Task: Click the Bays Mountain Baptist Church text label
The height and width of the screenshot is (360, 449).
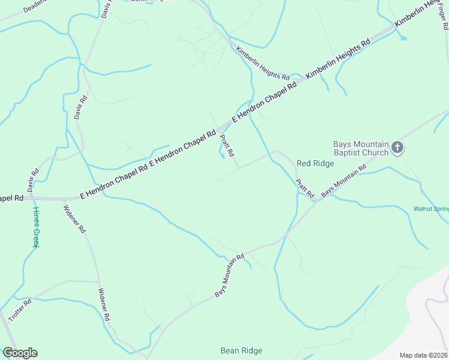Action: [361, 148]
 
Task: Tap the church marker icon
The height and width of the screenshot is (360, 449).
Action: [397, 147]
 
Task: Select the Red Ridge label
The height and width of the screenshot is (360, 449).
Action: [315, 163]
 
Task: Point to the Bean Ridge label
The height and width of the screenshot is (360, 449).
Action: [241, 350]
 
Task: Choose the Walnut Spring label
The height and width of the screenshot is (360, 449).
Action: [431, 209]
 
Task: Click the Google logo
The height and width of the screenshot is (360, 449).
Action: [20, 353]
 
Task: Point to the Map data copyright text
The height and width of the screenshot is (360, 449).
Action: [423, 355]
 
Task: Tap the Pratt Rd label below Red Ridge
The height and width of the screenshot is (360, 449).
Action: [305, 188]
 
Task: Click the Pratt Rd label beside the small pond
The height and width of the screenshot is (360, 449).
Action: [227, 146]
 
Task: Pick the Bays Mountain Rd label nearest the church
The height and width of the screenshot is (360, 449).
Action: [343, 181]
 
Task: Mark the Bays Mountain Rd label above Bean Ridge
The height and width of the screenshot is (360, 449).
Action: [230, 275]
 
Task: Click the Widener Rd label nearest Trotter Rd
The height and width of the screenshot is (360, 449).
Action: [103, 304]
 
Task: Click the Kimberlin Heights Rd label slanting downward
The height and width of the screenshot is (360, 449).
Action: [262, 64]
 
